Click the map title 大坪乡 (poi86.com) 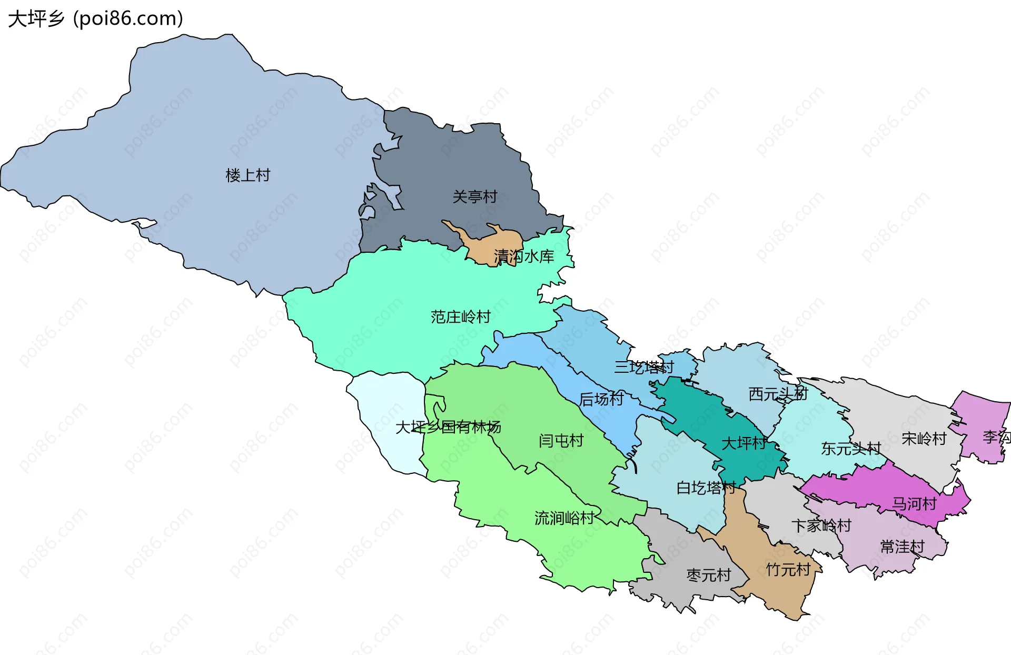(96, 18)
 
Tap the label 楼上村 (247, 175)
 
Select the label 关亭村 (474, 197)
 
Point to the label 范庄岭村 (460, 317)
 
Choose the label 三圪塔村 (643, 368)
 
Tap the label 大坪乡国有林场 (448, 427)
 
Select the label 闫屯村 (561, 441)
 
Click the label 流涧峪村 (564, 518)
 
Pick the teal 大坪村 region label (744, 443)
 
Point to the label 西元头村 (778, 394)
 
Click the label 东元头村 (850, 449)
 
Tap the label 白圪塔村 (706, 488)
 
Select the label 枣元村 (709, 575)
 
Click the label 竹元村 (788, 570)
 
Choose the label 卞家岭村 (821, 525)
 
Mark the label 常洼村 (902, 547)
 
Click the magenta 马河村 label (914, 504)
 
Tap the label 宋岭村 (924, 439)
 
